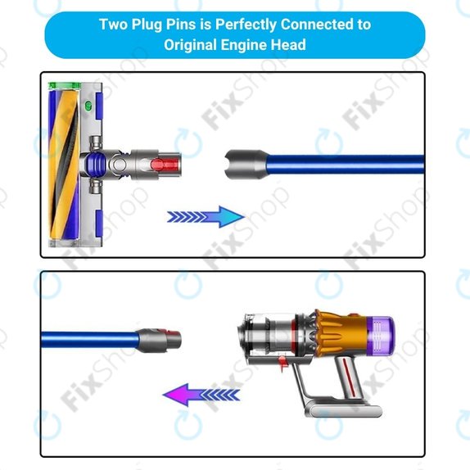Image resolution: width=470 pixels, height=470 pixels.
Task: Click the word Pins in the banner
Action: point(181,25)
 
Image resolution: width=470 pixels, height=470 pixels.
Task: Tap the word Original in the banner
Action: point(190,45)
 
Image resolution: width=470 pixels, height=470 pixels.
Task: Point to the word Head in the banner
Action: point(288,45)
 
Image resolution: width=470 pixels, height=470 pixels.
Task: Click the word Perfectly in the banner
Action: point(246,25)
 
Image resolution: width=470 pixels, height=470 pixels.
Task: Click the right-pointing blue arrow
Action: point(206,217)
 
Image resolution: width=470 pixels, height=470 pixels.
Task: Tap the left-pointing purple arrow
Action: point(201,395)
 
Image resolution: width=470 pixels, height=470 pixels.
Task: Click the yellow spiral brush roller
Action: point(64,165)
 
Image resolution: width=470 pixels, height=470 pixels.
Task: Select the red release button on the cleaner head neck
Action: point(165,165)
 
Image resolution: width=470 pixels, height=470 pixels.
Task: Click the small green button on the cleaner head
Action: point(88,106)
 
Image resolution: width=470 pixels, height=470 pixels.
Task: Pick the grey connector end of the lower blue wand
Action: point(159,340)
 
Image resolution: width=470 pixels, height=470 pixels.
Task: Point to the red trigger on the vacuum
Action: point(282,362)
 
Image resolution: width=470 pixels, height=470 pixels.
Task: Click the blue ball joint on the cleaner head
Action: point(95,165)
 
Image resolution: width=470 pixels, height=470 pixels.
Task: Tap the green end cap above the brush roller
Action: point(64,86)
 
